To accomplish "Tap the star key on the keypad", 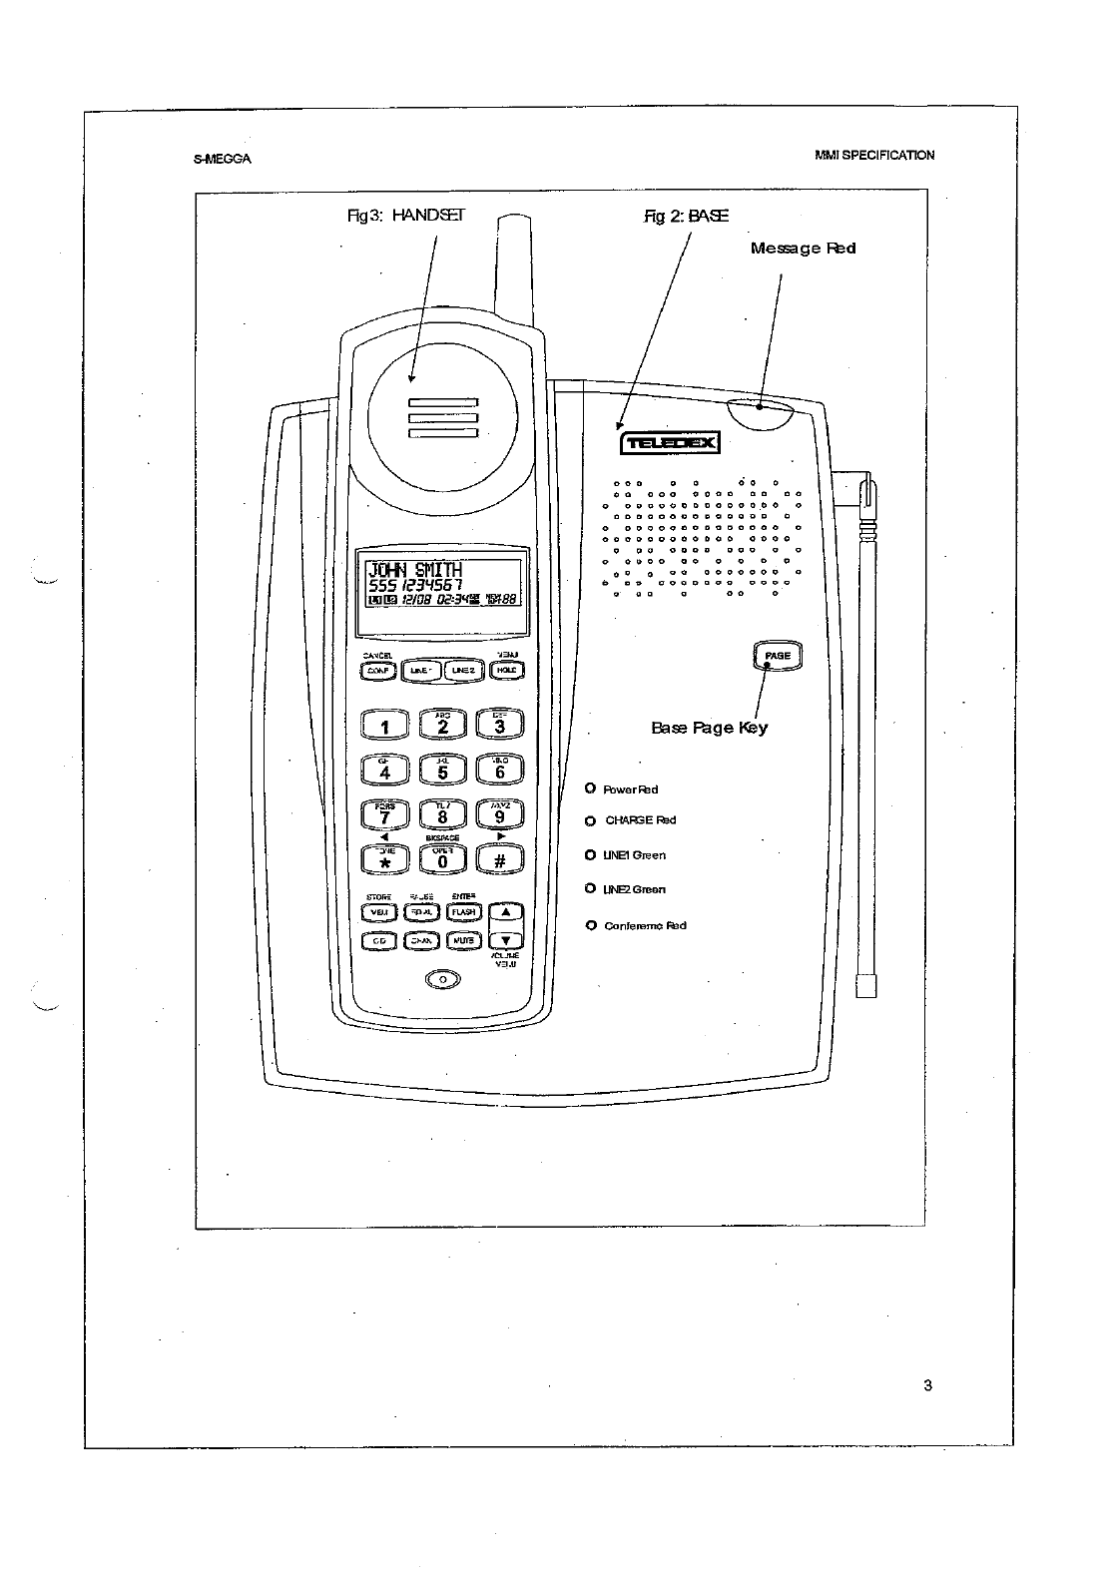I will (x=384, y=858).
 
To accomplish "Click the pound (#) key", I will (x=500, y=858).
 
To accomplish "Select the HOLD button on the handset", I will (x=505, y=671).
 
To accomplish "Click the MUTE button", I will (x=463, y=940).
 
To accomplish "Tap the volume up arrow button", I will (x=506, y=912).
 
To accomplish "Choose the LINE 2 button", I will (x=462, y=671).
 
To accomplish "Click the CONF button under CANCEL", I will (x=378, y=671).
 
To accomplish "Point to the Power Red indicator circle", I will (x=591, y=789).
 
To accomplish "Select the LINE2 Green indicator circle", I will (x=591, y=888).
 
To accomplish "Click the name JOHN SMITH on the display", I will (x=415, y=571).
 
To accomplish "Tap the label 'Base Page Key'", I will (x=709, y=728).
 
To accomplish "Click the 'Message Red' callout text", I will (x=803, y=248).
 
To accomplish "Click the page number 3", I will (x=927, y=1384).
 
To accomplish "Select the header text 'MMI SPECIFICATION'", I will (x=873, y=156).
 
